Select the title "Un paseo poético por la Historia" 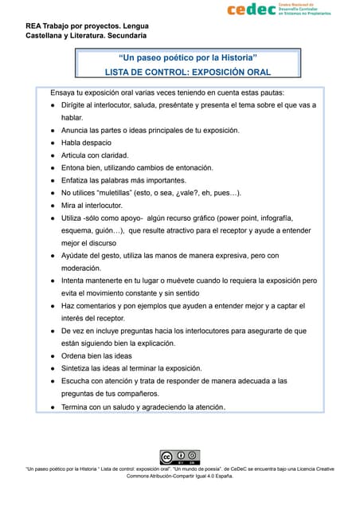point(187,57)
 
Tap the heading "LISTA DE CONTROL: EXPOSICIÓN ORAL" point(188,72)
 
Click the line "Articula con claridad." point(95,155)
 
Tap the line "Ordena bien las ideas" point(96,355)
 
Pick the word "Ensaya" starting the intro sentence point(65,92)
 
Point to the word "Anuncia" point(77,130)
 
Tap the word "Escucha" point(79,381)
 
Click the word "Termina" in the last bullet point(79,407)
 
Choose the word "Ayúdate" point(80,256)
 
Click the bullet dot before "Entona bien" point(52,168)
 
